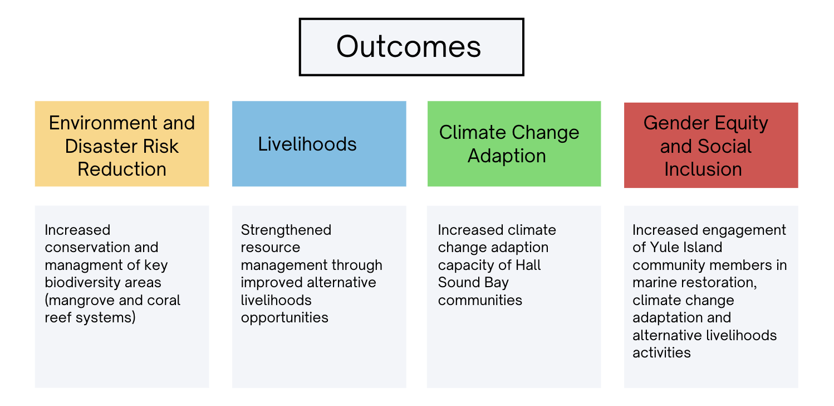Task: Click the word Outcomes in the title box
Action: (x=409, y=47)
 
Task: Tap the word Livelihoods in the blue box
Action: (x=307, y=144)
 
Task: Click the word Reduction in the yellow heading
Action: (x=122, y=169)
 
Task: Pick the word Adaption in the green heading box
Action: (x=507, y=156)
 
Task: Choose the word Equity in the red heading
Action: (x=741, y=124)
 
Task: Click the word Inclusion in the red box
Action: (x=703, y=169)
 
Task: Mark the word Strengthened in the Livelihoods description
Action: (x=286, y=230)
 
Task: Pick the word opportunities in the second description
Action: (x=284, y=318)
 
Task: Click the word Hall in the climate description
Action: (x=528, y=265)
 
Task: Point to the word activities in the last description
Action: (x=661, y=352)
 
